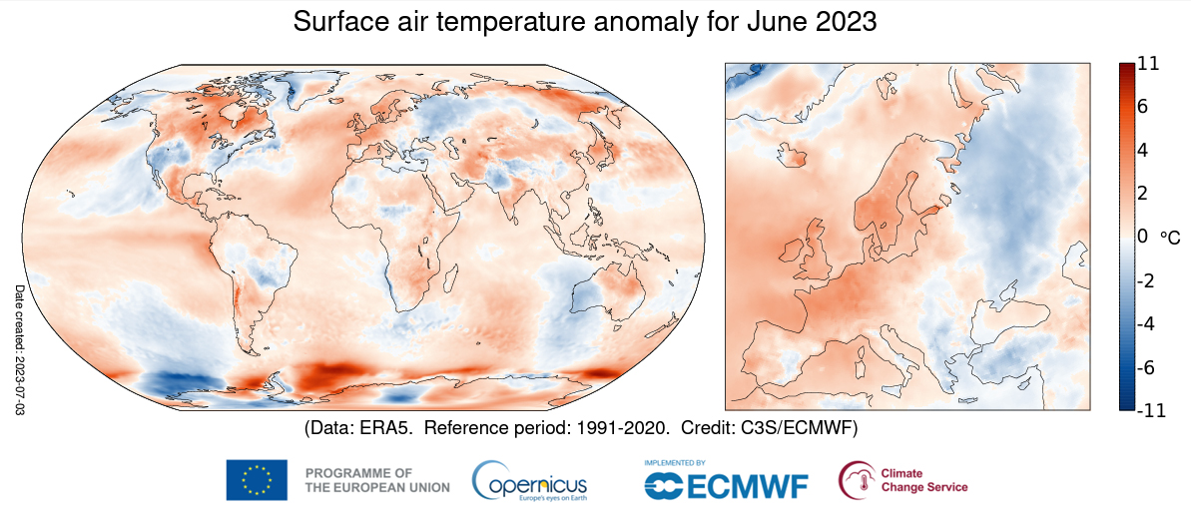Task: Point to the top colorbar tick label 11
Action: (1147, 64)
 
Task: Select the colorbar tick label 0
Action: (1143, 237)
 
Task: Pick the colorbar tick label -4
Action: (1144, 323)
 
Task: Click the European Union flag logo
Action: (257, 480)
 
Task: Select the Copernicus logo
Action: (530, 480)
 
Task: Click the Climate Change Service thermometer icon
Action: (855, 480)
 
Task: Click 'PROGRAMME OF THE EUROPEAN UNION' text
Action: (376, 480)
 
